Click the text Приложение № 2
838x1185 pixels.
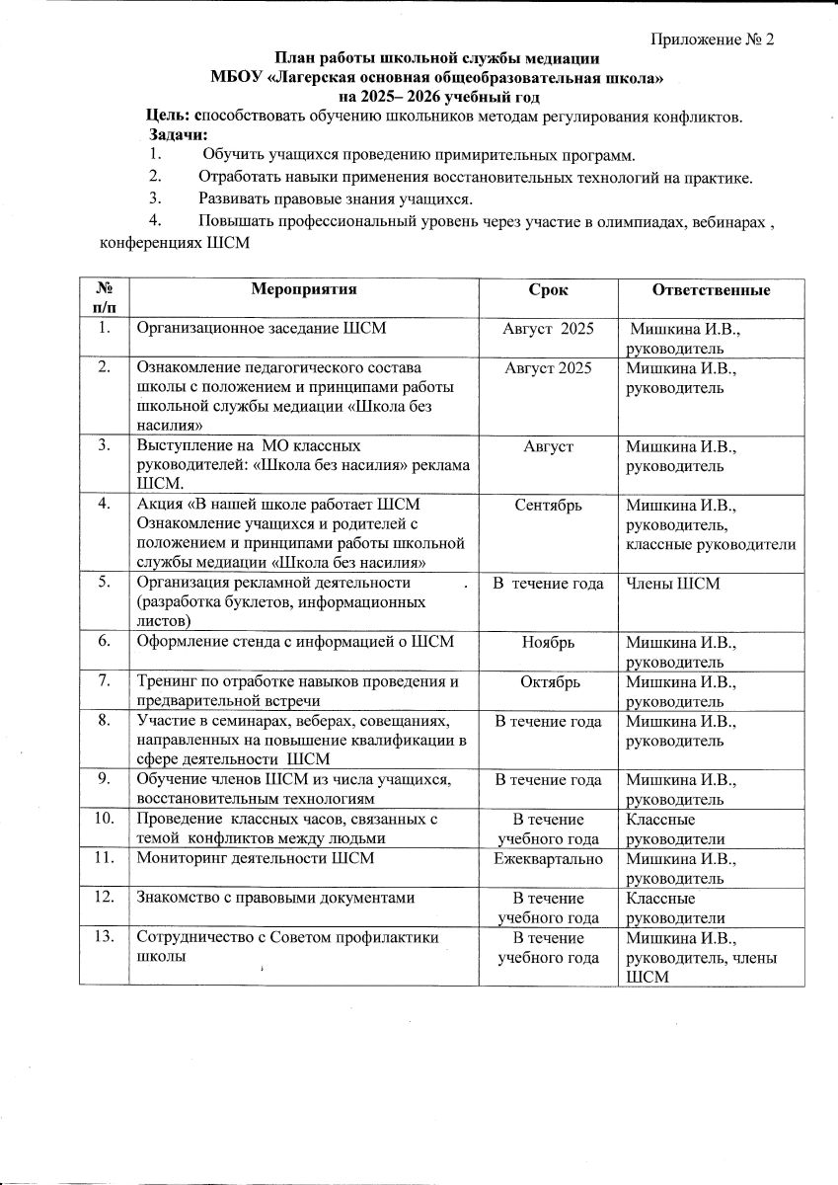click(714, 39)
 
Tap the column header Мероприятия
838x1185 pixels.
click(303, 288)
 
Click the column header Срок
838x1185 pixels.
click(548, 288)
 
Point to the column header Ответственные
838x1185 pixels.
click(711, 288)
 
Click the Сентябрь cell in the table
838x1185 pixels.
click(548, 505)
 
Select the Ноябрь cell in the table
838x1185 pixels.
click(548, 642)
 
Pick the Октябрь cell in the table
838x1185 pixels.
click(548, 680)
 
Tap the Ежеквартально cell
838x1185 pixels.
click(548, 858)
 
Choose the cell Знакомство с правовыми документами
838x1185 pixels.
click(270, 897)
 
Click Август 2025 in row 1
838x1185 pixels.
click(548, 328)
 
